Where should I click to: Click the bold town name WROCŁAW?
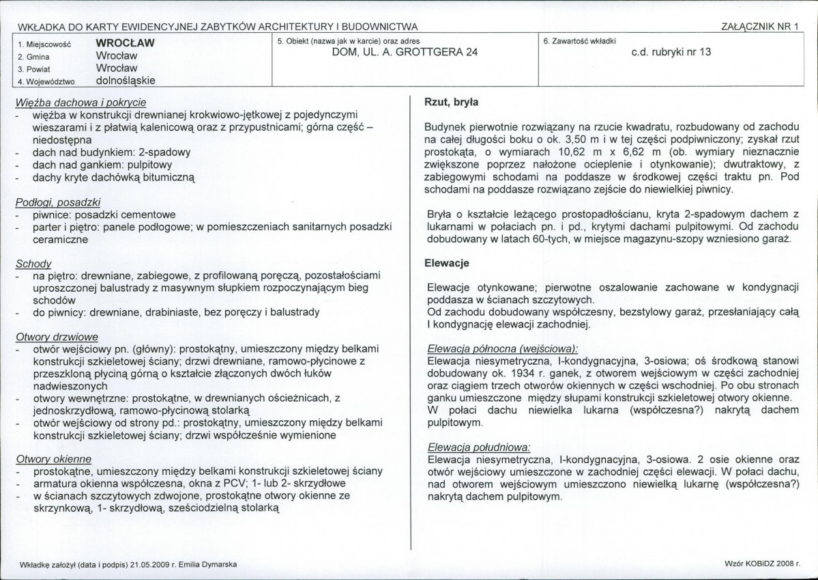126,42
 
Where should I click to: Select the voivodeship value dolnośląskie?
126,80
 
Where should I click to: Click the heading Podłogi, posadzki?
58,202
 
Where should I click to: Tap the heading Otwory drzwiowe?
57,337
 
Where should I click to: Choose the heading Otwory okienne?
53,459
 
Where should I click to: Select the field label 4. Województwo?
46,81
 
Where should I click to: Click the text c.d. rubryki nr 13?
672,52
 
